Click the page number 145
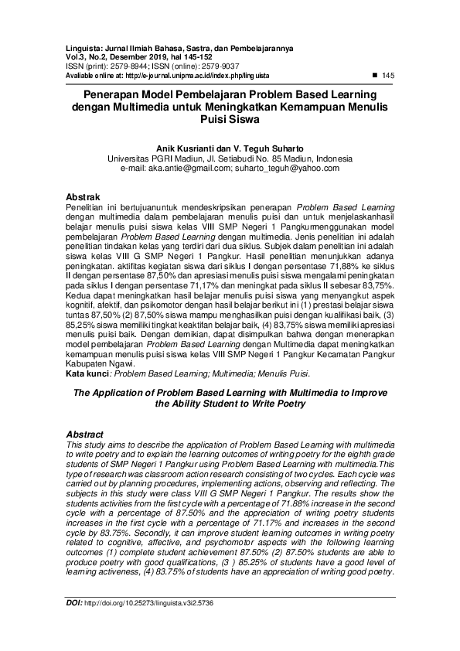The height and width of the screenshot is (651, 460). coord(389,75)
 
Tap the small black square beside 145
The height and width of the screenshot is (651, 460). coord(375,74)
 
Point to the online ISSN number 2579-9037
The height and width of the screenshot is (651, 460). coord(223,66)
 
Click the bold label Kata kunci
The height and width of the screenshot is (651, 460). coord(87,373)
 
